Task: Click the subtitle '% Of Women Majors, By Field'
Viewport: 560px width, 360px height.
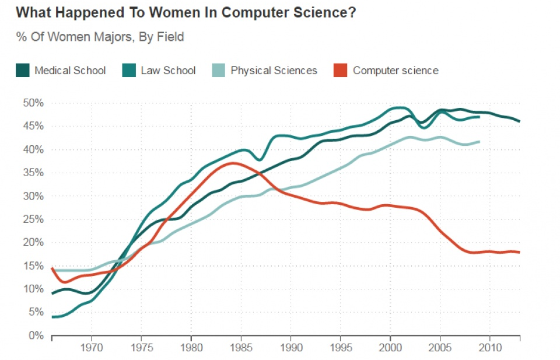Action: (100, 37)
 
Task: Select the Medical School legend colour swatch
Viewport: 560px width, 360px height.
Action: (23, 71)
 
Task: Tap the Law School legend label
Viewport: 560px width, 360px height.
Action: (168, 71)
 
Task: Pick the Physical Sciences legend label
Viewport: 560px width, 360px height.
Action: (274, 71)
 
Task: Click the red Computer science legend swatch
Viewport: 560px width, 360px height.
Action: (341, 71)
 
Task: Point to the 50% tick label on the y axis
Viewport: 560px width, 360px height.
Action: (33, 103)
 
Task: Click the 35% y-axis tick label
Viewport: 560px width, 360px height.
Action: (33, 173)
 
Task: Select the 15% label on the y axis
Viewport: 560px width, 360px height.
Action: (33, 265)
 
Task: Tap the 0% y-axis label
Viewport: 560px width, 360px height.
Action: (36, 335)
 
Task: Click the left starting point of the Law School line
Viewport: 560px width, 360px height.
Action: (52, 317)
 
